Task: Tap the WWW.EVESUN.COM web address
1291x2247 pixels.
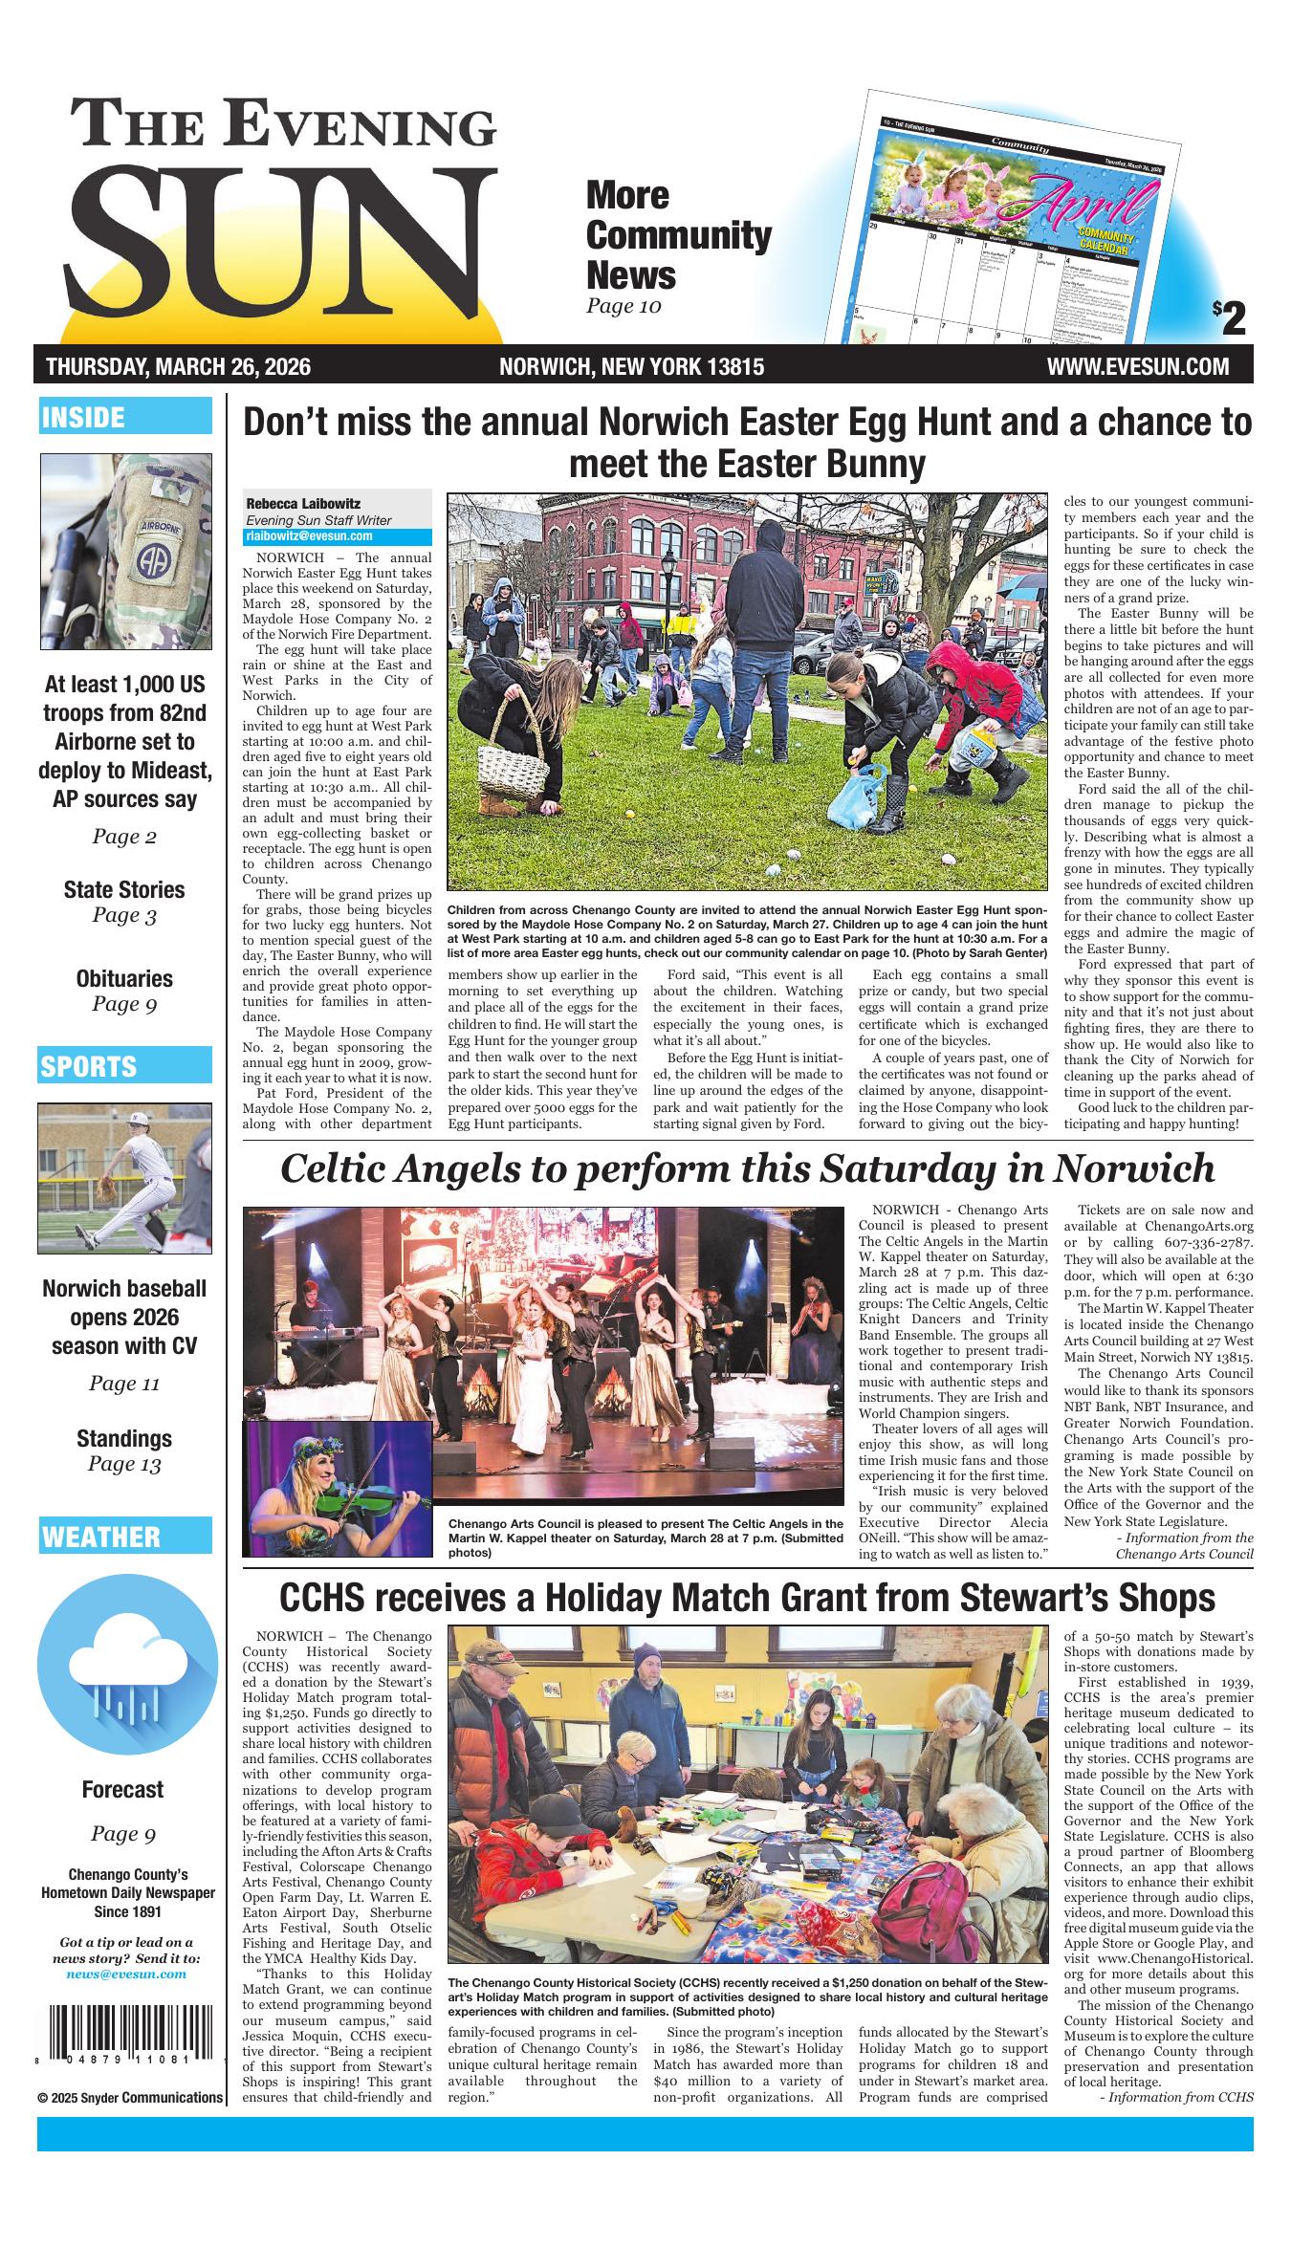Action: tap(1137, 366)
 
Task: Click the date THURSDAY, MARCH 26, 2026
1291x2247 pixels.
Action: tap(178, 366)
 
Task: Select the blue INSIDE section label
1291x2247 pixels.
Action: tap(124, 417)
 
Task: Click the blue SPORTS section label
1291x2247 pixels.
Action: tap(124, 1065)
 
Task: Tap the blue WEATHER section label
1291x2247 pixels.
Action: tap(124, 1536)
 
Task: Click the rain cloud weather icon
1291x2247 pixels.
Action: tap(126, 1669)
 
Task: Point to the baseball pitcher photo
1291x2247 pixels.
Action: tap(124, 1178)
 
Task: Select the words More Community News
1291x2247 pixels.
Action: tap(678, 235)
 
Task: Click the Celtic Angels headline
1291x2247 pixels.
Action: tap(747, 1168)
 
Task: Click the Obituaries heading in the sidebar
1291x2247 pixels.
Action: tap(124, 978)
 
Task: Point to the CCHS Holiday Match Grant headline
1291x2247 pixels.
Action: tap(747, 1598)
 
